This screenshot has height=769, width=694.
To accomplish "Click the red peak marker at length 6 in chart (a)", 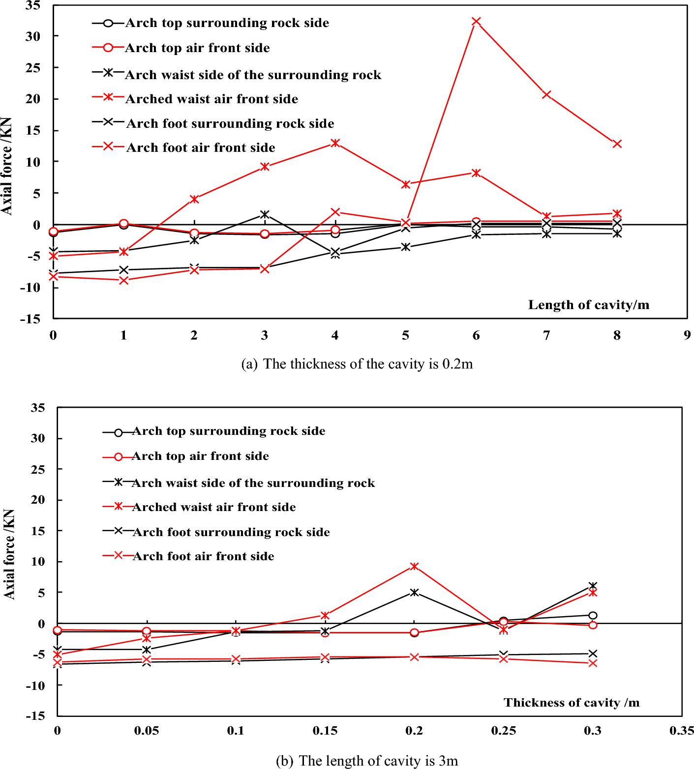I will [x=476, y=22].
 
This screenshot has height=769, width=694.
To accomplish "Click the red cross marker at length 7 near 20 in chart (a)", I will [x=546, y=94].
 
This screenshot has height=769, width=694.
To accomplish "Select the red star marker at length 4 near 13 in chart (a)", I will [x=335, y=143].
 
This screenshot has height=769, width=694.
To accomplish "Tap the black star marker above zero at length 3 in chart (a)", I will [x=265, y=214].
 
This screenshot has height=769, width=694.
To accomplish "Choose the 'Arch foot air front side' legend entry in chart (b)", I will [x=203, y=556].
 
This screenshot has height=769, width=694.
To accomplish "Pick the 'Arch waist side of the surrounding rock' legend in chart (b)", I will [x=253, y=483].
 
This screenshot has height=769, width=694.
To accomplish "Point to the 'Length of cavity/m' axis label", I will [x=588, y=305].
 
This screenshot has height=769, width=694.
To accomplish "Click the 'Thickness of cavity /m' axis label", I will [x=571, y=703].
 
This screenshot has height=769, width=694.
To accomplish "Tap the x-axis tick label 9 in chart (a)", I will [x=687, y=336].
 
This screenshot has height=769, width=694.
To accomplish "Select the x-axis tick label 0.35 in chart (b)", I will [x=681, y=731].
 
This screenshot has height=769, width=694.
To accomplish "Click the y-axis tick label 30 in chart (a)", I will [x=33, y=36].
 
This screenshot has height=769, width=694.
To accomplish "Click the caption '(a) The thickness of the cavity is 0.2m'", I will [x=357, y=364].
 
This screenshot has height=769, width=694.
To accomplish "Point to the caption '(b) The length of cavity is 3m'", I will [x=366, y=761].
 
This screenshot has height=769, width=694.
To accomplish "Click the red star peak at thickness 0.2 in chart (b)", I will [x=414, y=567].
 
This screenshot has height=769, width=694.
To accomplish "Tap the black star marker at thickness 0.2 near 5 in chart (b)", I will [x=414, y=592].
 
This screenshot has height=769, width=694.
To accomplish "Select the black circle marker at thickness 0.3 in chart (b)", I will [x=593, y=615].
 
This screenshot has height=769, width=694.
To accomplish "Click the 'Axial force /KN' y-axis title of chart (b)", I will [x=9, y=554].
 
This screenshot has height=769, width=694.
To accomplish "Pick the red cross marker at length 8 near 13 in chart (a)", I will [x=617, y=144].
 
